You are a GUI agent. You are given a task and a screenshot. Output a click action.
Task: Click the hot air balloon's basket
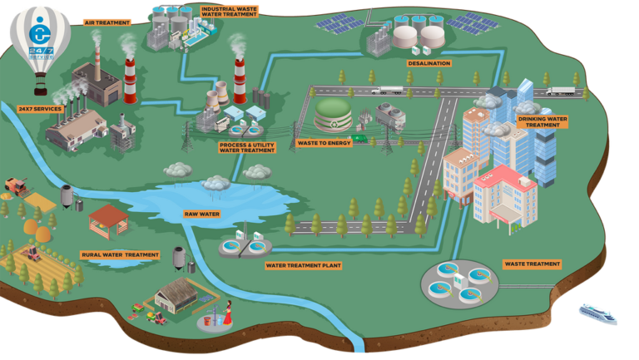(x=40, y=91)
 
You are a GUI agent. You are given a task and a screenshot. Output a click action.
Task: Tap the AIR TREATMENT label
(x=107, y=22)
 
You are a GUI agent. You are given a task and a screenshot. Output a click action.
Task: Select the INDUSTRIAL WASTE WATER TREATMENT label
(x=229, y=12)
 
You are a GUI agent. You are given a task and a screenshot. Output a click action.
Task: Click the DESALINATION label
(x=429, y=63)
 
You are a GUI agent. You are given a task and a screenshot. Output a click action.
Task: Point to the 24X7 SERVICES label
(x=40, y=109)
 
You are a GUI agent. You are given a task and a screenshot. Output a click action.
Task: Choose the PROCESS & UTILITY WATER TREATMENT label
(x=247, y=147)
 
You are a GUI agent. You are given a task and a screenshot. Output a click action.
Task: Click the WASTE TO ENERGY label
(x=324, y=143)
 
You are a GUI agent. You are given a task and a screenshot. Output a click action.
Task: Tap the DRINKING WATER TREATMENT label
(x=542, y=122)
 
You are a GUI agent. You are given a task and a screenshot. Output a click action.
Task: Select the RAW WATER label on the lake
(x=201, y=214)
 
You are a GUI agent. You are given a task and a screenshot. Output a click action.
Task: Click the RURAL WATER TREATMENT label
(x=120, y=255)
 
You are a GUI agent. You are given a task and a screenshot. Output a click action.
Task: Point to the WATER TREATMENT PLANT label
(x=303, y=265)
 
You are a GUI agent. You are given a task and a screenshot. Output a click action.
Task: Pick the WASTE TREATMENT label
(x=532, y=264)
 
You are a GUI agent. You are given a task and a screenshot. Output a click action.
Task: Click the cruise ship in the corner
(x=598, y=313)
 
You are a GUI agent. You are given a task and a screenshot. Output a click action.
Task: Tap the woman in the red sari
(x=227, y=313)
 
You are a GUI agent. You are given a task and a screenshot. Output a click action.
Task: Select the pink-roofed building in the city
(x=505, y=200)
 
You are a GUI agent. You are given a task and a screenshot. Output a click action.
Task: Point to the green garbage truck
(x=359, y=139)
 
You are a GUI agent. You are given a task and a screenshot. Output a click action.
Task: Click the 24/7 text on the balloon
(x=41, y=51)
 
